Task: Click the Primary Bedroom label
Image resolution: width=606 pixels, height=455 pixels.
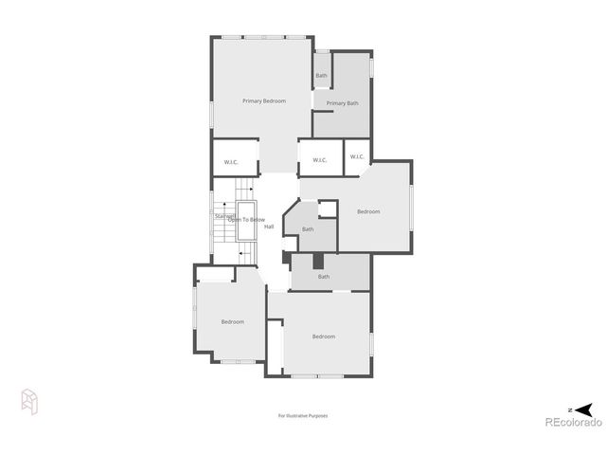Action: (263, 101)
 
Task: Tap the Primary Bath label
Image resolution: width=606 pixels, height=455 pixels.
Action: (342, 103)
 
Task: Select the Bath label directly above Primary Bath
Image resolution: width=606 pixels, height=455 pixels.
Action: (321, 76)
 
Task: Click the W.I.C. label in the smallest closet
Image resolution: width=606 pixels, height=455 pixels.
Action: (357, 156)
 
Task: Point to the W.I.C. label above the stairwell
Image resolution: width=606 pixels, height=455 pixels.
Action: (231, 162)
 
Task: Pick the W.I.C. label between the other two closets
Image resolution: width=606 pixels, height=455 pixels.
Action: (319, 160)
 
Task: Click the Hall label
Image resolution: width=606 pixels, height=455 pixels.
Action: (269, 227)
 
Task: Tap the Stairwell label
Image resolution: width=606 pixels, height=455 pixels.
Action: (223, 215)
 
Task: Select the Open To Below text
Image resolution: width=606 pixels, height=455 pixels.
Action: (246, 220)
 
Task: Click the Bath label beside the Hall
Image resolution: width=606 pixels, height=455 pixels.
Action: (308, 229)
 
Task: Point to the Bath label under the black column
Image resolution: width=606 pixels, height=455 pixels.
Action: (324, 277)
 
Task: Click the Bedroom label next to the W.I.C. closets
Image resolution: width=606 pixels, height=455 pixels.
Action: (368, 211)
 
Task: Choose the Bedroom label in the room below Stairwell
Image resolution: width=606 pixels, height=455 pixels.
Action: (233, 322)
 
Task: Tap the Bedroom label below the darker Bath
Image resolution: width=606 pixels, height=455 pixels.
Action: (324, 337)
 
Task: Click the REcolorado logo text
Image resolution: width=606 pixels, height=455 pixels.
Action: (572, 423)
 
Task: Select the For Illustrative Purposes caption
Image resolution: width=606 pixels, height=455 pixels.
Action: (302, 415)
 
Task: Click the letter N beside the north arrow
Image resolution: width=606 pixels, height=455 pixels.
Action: (570, 409)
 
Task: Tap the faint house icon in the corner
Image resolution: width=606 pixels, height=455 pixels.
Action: (29, 402)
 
